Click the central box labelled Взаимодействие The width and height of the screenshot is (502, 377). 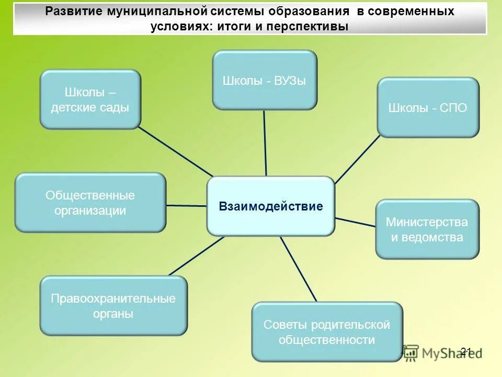pyautogui.click(x=270, y=206)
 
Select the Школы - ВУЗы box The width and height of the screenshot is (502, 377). pyautogui.click(x=264, y=80)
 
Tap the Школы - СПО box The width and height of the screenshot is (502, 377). pyautogui.click(x=428, y=108)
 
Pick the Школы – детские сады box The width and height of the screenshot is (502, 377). pyautogui.click(x=90, y=99)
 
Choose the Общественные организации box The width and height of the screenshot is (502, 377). pyautogui.click(x=90, y=203)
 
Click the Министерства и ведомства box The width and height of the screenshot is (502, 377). pyautogui.click(x=427, y=229)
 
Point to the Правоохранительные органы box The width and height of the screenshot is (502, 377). pyautogui.click(x=113, y=306)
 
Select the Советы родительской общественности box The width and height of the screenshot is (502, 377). pyautogui.click(x=327, y=332)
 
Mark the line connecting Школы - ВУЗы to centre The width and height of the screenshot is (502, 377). pyautogui.click(x=265, y=142)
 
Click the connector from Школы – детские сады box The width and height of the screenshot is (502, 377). pyautogui.click(x=176, y=152)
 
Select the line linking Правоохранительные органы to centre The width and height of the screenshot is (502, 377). pyautogui.click(x=196, y=256)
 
